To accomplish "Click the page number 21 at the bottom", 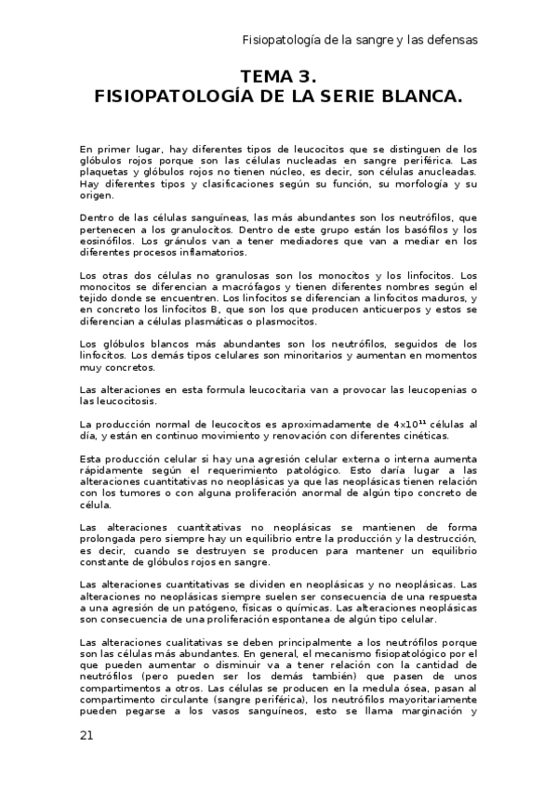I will click(86, 735).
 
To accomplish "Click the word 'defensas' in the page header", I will click(452, 40).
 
